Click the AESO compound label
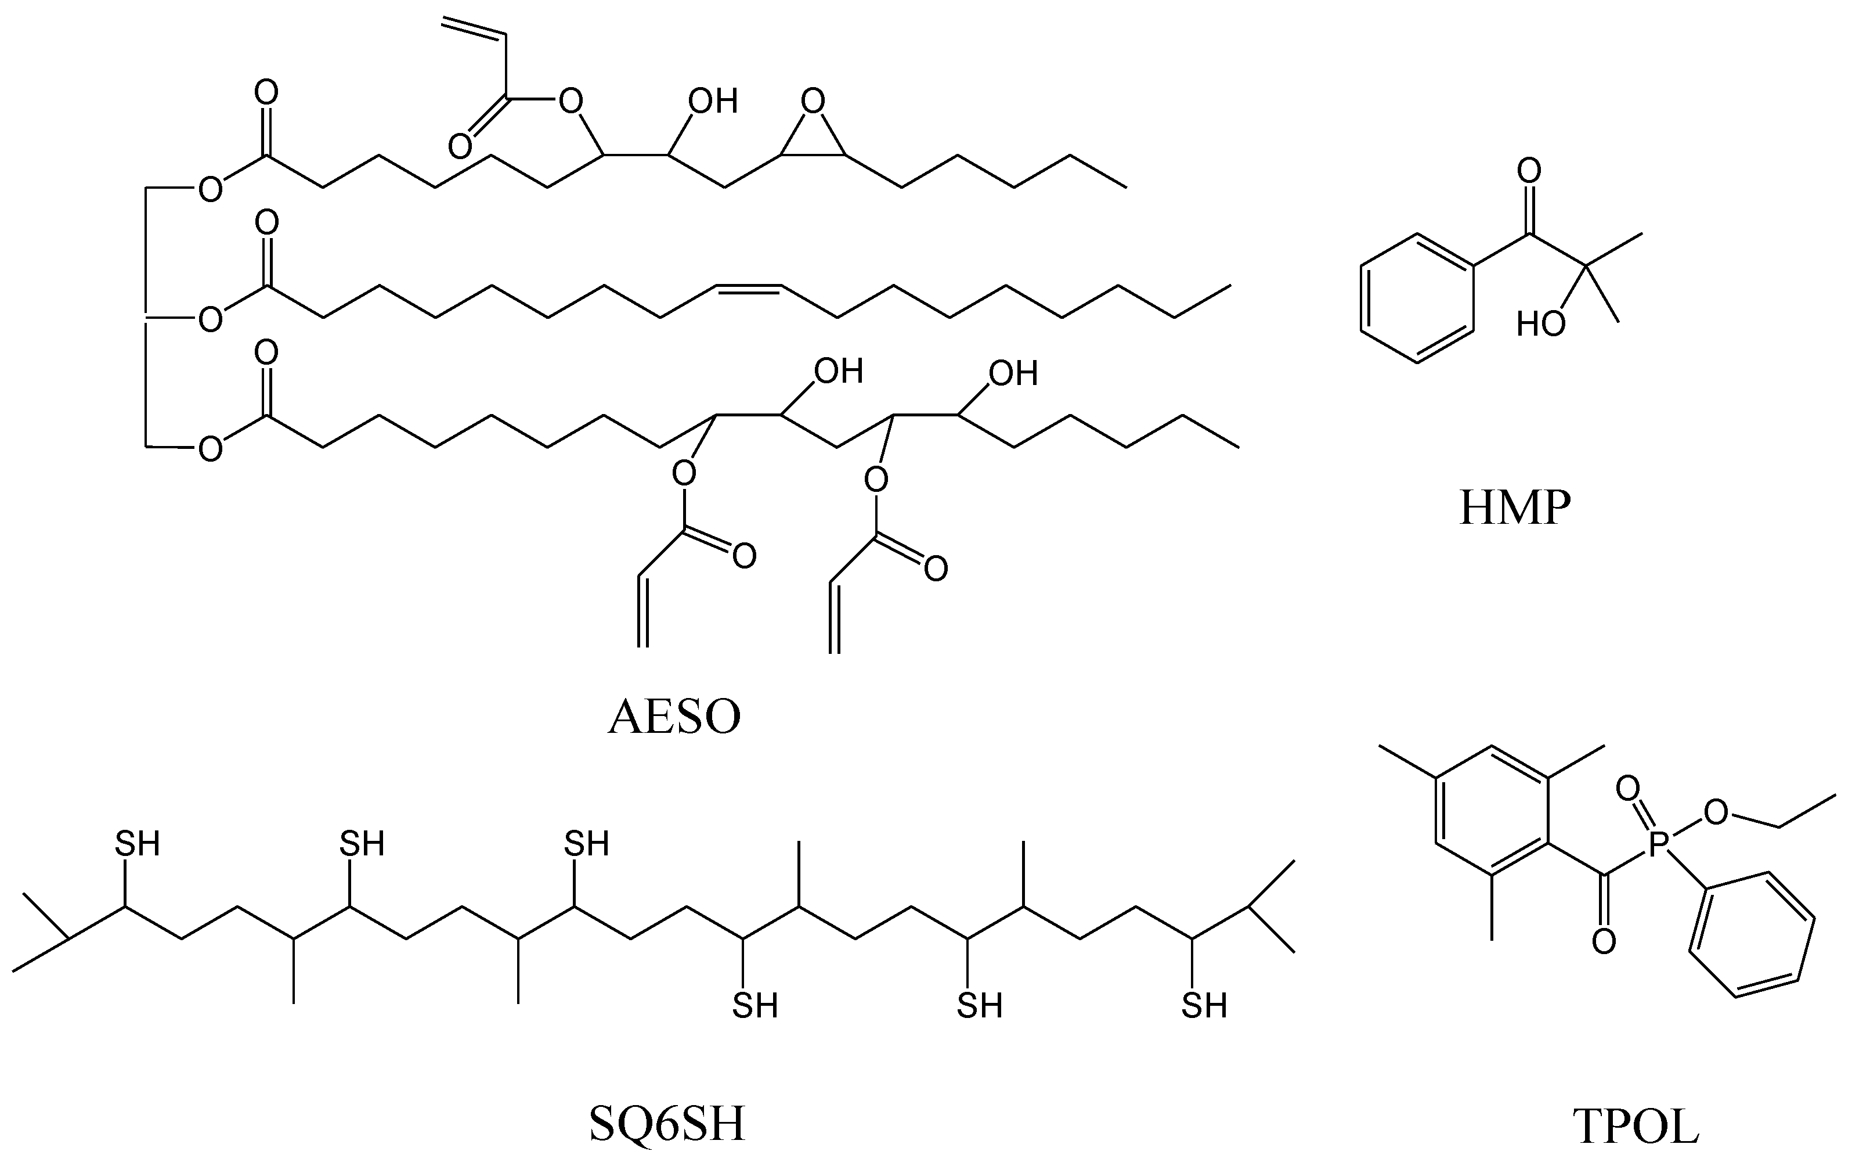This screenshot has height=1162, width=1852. click(x=674, y=717)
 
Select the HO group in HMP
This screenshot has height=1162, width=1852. click(x=1541, y=324)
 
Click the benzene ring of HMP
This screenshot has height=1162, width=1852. click(x=1417, y=299)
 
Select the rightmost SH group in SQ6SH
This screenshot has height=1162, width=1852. click(x=1204, y=1005)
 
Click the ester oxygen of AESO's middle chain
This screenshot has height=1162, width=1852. click(x=210, y=318)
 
